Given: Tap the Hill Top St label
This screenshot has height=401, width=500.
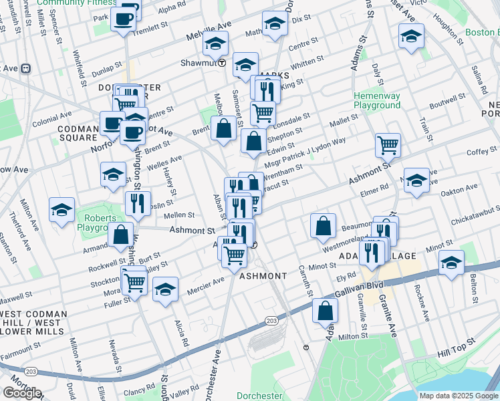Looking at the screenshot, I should (x=455, y=345).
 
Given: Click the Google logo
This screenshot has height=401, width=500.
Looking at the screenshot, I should (x=22, y=393).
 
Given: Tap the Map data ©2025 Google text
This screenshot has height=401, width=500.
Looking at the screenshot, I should (x=459, y=396).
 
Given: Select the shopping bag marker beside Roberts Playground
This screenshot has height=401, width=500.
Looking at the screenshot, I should (x=121, y=235).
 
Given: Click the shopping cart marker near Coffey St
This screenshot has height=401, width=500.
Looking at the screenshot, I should (x=388, y=144).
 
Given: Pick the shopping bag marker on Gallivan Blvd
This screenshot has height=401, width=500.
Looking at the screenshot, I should (x=325, y=310).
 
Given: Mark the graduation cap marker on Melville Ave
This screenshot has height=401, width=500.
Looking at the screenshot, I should (x=215, y=43).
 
